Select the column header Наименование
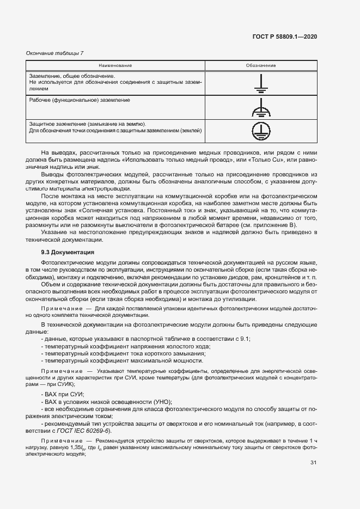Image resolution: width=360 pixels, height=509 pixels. click(115, 65)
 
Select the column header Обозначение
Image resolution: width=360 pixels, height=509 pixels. click(260, 65)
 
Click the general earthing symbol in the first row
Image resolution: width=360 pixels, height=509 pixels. click(260, 83)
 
